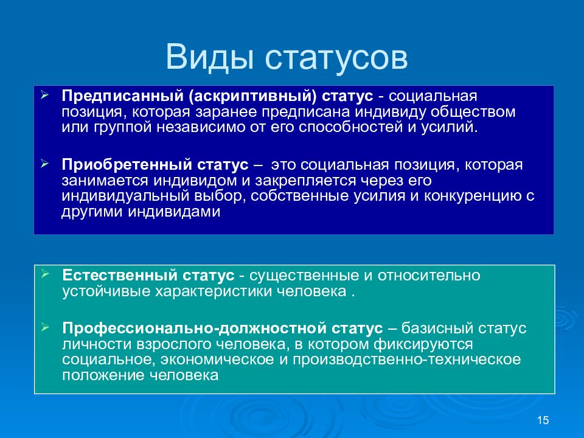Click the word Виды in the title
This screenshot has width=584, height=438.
pyautogui.click(x=210, y=57)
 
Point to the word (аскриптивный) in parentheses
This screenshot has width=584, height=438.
pyautogui.click(x=252, y=97)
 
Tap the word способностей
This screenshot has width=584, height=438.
pyautogui.click(x=351, y=127)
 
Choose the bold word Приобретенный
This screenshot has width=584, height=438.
pyautogui.click(x=127, y=165)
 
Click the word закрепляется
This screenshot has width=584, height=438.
pyautogui.click(x=305, y=181)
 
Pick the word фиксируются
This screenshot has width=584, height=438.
pyautogui.click(x=423, y=344)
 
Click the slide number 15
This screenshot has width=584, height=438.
pyautogui.click(x=543, y=420)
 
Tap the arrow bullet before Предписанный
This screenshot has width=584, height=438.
pyautogui.click(x=44, y=95)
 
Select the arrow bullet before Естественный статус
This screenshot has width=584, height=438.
pyautogui.click(x=45, y=274)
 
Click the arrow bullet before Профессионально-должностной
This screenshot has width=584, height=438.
pyautogui.click(x=45, y=327)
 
